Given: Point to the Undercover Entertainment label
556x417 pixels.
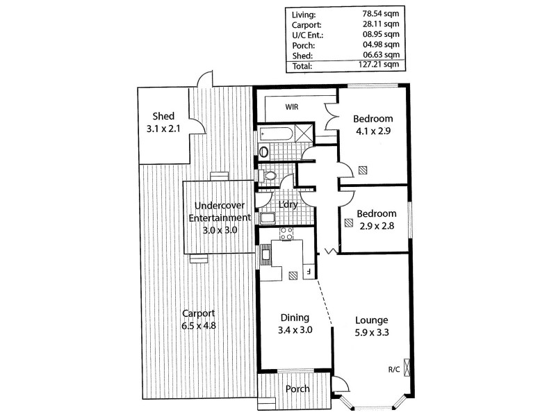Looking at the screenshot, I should [220, 218].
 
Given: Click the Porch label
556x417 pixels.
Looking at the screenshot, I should [297, 389].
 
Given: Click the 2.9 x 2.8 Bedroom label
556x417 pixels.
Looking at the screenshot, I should [377, 220].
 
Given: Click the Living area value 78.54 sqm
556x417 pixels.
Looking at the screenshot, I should [380, 13].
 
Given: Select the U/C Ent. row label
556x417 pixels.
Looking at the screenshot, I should [309, 34].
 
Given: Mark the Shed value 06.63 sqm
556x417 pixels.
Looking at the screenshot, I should [380, 56].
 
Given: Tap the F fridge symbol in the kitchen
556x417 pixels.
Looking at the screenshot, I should [308, 272].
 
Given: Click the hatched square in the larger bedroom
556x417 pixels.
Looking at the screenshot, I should [362, 170].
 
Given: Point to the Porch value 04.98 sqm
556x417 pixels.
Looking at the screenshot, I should [380, 45].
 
